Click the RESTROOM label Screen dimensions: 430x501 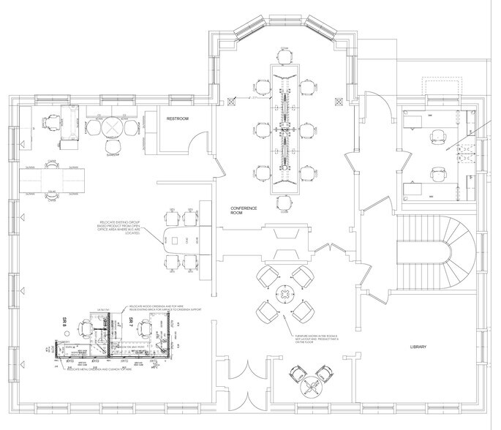point(178,118)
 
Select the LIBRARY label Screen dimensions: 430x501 point(418,347)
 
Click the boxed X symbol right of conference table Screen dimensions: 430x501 point(338,100)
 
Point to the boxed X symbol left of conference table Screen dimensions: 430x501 point(230,100)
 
